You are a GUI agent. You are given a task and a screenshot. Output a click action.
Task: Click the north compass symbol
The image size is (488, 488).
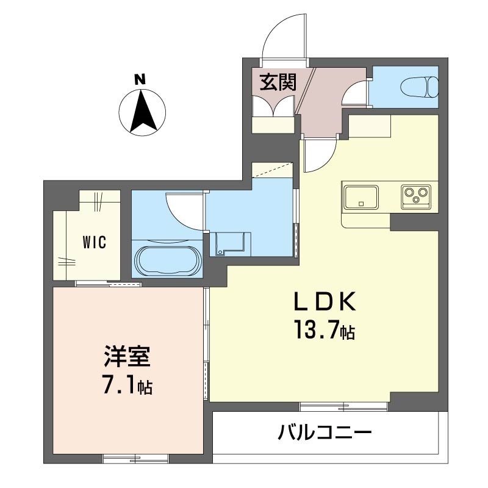[x=142, y=112]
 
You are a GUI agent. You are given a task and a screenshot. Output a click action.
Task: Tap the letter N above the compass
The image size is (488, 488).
[x=140, y=79]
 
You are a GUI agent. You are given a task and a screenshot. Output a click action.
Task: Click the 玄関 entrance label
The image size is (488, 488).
[x=279, y=83]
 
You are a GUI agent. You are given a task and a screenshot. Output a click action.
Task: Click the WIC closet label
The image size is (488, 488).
[x=95, y=242]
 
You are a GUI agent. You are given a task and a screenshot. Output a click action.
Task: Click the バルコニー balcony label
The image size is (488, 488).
[x=325, y=434]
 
